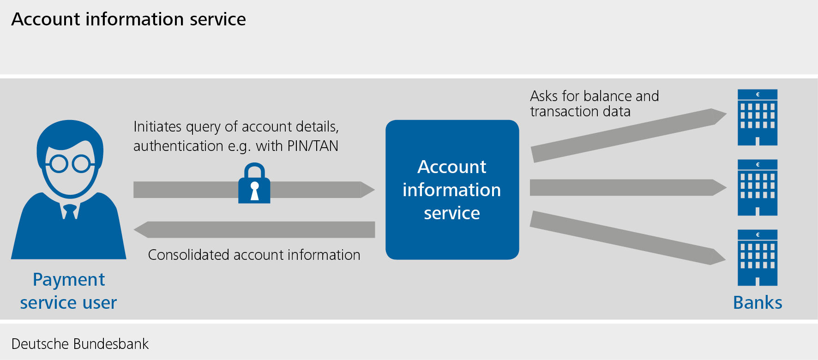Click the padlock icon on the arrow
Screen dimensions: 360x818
pos(254,184)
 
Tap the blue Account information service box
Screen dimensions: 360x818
pos(452,190)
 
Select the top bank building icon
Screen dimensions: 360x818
pos(758,118)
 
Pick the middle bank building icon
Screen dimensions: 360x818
pos(758,188)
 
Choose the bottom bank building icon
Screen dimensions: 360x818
pos(758,258)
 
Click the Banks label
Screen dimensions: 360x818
pos(758,303)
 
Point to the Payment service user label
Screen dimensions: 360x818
pos(68,291)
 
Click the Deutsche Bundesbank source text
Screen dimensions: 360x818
pos(80,344)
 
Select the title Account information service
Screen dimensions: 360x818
pos(128,19)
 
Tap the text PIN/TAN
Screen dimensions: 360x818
pos(313,146)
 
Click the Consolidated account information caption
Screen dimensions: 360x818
pos(254,255)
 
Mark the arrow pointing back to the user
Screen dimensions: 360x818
pos(254,229)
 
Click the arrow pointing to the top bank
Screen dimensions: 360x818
pos(628,135)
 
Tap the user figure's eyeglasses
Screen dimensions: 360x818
pos(70,163)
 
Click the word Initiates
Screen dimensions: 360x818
pos(157,126)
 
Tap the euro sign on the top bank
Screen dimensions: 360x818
pos(758,95)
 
